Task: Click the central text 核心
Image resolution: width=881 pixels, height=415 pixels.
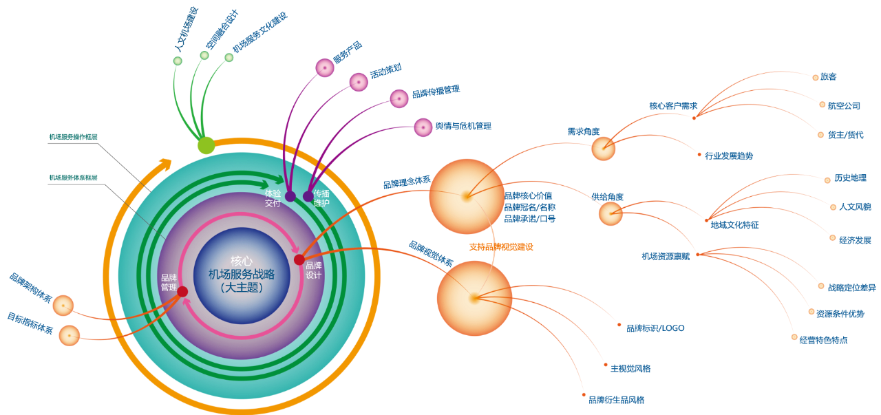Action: [242, 262]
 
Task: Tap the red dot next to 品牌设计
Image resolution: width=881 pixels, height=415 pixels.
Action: [299, 259]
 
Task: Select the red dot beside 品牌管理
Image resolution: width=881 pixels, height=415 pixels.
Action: [182, 292]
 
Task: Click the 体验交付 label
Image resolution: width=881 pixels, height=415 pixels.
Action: [273, 198]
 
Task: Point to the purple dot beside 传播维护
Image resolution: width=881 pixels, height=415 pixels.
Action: [308, 196]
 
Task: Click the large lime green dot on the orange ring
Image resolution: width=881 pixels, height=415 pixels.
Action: [206, 145]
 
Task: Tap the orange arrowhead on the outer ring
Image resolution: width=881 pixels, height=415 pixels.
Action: [164, 164]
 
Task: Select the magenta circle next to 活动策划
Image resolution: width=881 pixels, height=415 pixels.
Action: [358, 82]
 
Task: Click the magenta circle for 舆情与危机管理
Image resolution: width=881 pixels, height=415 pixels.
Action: [423, 127]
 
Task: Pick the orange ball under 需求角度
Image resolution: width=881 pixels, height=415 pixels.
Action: [604, 149]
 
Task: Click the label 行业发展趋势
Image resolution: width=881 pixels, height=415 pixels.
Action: [729, 156]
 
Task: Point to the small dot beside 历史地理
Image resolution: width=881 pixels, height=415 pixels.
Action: [827, 180]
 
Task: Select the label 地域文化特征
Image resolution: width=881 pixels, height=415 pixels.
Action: [734, 225]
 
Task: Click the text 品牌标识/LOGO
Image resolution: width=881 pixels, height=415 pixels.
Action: [655, 328]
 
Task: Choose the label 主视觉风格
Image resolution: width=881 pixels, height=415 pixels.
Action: [630, 369]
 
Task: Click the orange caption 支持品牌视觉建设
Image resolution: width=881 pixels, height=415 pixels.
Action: [501, 246]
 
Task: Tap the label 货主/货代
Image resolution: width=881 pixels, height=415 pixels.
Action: [845, 135]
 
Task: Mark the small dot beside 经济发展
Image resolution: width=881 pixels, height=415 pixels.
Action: [833, 238]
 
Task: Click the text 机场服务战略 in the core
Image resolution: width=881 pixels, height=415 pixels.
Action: [242, 275]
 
